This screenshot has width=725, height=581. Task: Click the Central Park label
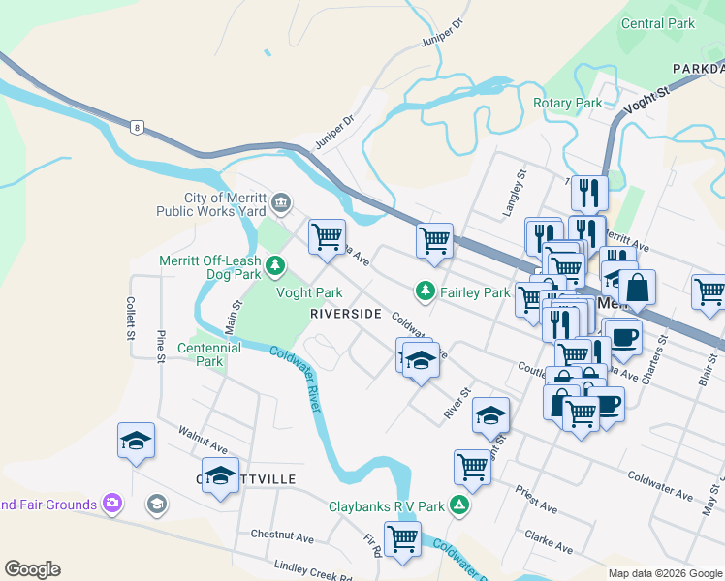(x=658, y=23)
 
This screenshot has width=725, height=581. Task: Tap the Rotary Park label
(x=567, y=103)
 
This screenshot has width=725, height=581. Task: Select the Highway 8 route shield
(x=139, y=126)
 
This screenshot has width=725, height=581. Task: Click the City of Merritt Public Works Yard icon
(x=281, y=202)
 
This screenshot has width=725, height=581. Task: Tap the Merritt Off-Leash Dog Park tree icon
(x=276, y=264)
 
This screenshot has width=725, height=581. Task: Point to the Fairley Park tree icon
(x=425, y=290)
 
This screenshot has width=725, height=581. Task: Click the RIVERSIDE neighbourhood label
(x=345, y=315)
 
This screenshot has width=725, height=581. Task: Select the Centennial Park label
(x=208, y=354)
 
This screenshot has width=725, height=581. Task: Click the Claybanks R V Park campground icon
(x=462, y=505)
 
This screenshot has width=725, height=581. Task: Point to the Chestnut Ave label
(x=282, y=535)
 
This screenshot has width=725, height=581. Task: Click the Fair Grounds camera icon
(x=112, y=504)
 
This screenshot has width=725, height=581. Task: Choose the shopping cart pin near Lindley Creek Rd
(x=401, y=538)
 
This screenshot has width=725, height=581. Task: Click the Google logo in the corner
(x=32, y=569)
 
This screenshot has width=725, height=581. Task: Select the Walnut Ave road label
(x=203, y=441)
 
